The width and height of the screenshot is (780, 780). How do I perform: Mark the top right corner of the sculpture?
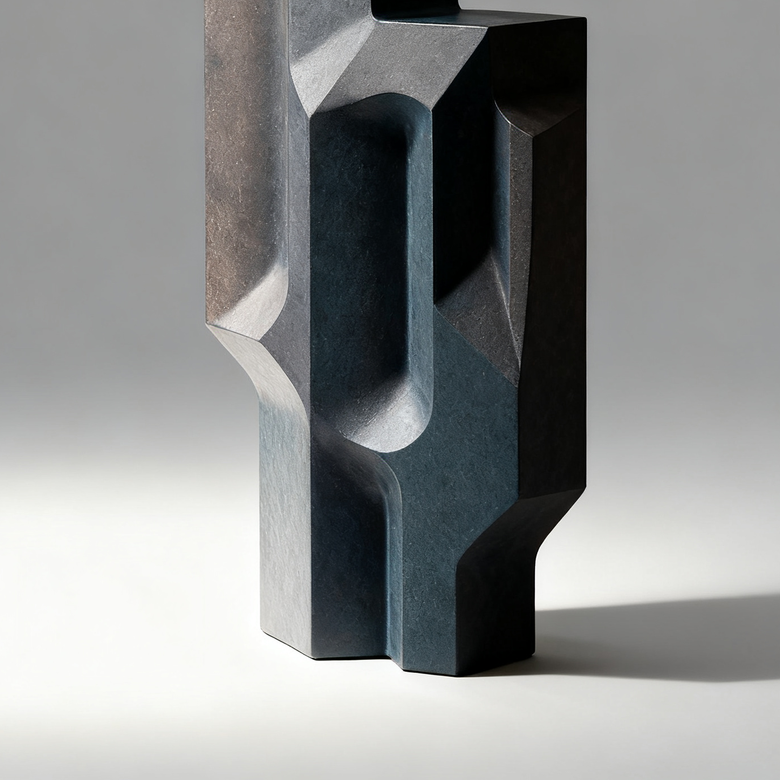pos(585,19)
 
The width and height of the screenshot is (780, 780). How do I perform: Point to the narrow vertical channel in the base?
pos(394,565)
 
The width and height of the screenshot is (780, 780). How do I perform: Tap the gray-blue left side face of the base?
pos(283,525)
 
